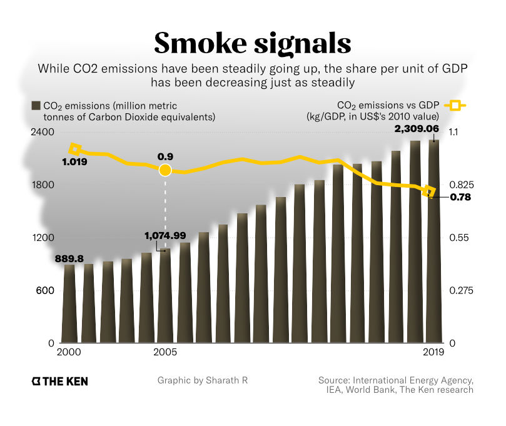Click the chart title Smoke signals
pyautogui.click(x=253, y=43)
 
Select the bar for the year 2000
pyautogui.click(x=69, y=304)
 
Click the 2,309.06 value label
pyautogui.click(x=415, y=129)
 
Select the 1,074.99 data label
pyautogui.click(x=165, y=235)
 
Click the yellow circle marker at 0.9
pyautogui.click(x=165, y=170)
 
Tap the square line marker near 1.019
pyautogui.click(x=75, y=149)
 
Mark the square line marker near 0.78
pyautogui.click(x=430, y=191)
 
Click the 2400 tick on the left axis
pyautogui.click(x=44, y=133)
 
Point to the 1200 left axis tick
pyautogui.click(x=44, y=238)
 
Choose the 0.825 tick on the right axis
pyautogui.click(x=462, y=185)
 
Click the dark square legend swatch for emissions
pyautogui.click(x=36, y=105)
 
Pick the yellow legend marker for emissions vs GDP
pyautogui.click(x=458, y=105)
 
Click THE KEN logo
pyautogui.click(x=59, y=381)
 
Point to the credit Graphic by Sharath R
pyautogui.click(x=203, y=380)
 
